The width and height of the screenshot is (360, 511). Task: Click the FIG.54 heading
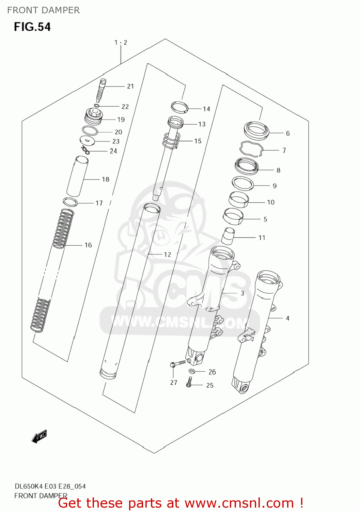click(x=32, y=27)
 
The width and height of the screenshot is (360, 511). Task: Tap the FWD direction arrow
click(x=39, y=436)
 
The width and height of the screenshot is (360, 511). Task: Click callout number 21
click(x=130, y=87)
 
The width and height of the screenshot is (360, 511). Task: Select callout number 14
click(x=206, y=109)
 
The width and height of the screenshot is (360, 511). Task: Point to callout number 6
click(x=288, y=134)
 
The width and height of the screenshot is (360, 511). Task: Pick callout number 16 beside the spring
click(x=88, y=245)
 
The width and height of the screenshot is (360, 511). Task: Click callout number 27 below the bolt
click(x=174, y=383)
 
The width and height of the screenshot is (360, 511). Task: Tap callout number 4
click(x=287, y=319)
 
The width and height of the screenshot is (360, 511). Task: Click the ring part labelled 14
click(x=179, y=107)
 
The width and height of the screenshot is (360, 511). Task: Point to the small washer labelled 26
click(x=192, y=371)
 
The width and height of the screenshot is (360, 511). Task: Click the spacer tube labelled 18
click(x=77, y=176)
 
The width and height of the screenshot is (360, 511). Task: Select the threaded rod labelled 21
click(x=101, y=90)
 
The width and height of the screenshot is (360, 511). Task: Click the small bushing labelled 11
click(x=228, y=236)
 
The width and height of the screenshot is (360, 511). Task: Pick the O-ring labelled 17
click(x=71, y=202)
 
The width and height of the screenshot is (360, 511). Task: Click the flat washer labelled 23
click(x=87, y=140)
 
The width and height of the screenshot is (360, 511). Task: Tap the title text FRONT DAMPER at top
click(x=43, y=10)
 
